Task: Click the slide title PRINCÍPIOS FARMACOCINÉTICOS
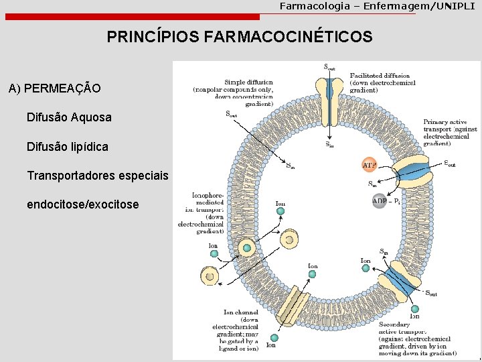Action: tap(240, 38)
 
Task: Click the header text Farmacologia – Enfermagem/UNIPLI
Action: tap(377, 6)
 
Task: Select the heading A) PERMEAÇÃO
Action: tap(55, 88)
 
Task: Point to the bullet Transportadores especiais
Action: tap(98, 176)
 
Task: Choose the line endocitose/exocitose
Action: tap(83, 204)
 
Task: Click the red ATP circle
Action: tap(370, 164)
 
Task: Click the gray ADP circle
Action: tap(379, 201)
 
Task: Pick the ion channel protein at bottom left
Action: tap(293, 311)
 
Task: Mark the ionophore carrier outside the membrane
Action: tap(210, 275)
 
